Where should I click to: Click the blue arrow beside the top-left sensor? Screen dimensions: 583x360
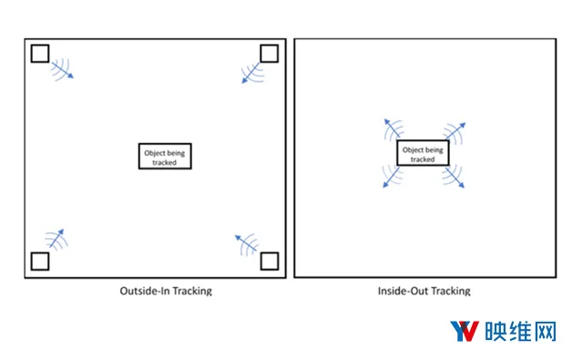click(63, 70)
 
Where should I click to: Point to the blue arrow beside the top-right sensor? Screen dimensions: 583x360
click(251, 73)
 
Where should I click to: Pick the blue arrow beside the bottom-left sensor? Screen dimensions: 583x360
click(56, 239)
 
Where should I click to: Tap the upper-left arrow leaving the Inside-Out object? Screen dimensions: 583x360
click(393, 129)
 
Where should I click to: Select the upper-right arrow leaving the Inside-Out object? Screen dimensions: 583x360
click(455, 131)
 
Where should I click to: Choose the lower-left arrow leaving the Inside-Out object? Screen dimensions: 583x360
click(391, 178)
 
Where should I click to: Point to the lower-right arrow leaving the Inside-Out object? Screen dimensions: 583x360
click(455, 178)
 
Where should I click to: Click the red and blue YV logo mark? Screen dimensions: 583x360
click(465, 331)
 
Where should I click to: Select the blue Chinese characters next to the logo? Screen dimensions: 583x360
click(520, 331)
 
